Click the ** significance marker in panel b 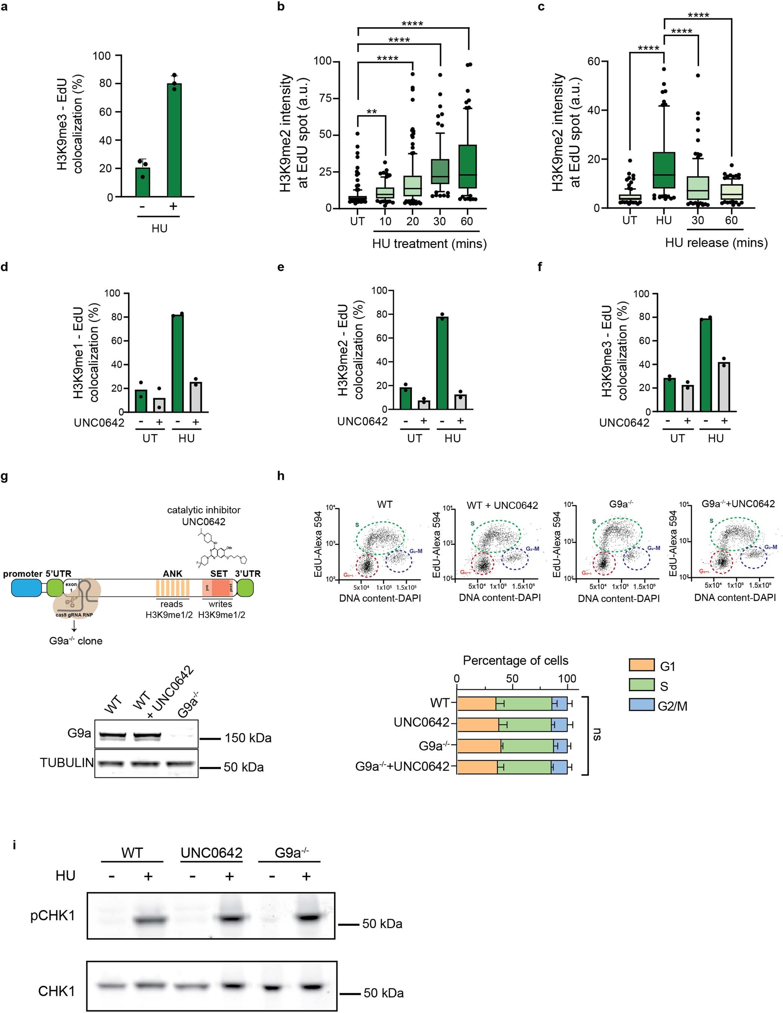[371, 112]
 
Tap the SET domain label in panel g [219, 574]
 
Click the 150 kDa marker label [248, 738]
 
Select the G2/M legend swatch [641, 705]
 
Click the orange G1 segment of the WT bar [477, 704]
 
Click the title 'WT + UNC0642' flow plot [502, 505]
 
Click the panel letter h [280, 476]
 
